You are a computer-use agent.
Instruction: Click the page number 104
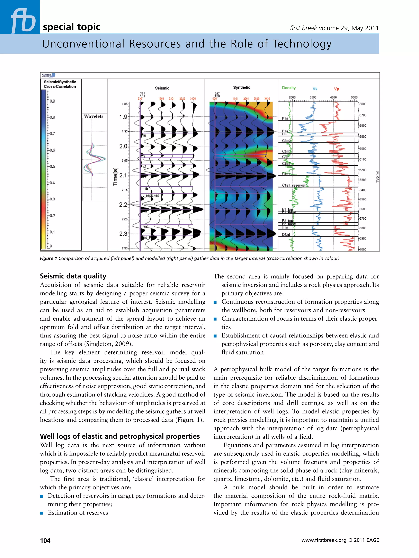click(x=45, y=540)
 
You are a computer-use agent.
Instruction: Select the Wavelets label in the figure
click(x=94, y=116)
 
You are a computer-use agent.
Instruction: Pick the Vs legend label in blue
click(x=315, y=88)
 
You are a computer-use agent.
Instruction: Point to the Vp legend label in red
click(x=336, y=89)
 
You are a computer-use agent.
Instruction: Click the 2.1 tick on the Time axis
click(x=123, y=175)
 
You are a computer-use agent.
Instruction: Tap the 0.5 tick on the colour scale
click(x=52, y=167)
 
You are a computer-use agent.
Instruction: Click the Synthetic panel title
click(x=242, y=87)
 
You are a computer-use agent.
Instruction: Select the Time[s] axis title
click(x=115, y=177)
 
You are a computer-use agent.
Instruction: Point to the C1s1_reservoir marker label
click(x=294, y=185)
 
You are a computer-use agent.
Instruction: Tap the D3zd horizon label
click(x=286, y=234)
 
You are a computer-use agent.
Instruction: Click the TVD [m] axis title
click(x=378, y=177)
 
